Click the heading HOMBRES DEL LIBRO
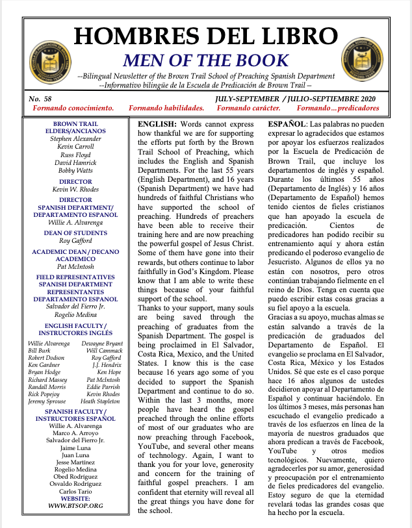click(205, 37)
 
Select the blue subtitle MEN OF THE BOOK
click(205, 61)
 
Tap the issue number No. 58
click(41, 97)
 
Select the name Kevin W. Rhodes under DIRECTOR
click(75, 188)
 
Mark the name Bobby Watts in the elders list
click(75, 170)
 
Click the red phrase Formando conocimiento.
click(73, 107)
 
